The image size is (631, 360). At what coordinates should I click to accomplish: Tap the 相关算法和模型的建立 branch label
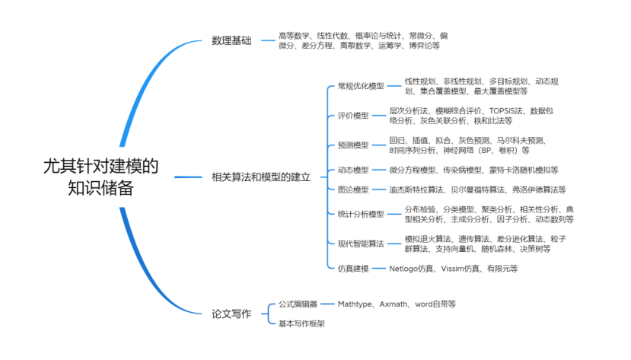pos(261,177)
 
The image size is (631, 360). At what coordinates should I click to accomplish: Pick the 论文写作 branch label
pos(231,313)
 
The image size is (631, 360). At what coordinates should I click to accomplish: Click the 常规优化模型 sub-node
pos(361,86)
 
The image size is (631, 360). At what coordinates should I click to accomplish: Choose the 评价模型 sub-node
pos(353,116)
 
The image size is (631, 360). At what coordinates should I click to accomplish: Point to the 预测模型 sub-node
pos(353,145)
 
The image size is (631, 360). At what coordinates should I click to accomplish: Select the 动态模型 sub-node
pos(353,170)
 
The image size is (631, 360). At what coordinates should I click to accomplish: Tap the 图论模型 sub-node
pos(353,190)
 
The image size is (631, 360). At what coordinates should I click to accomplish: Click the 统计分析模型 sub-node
pos(361,214)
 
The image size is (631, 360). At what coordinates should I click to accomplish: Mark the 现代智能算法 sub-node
pos(361,244)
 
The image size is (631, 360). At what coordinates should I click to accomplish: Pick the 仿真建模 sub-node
pos(353,268)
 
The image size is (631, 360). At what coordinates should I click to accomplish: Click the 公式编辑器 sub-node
pos(298,304)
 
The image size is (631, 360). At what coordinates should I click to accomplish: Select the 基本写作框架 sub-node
pos(301,323)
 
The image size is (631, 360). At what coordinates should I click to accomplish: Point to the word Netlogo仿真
pos(412,268)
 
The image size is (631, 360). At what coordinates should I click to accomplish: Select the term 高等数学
pos(295,36)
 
